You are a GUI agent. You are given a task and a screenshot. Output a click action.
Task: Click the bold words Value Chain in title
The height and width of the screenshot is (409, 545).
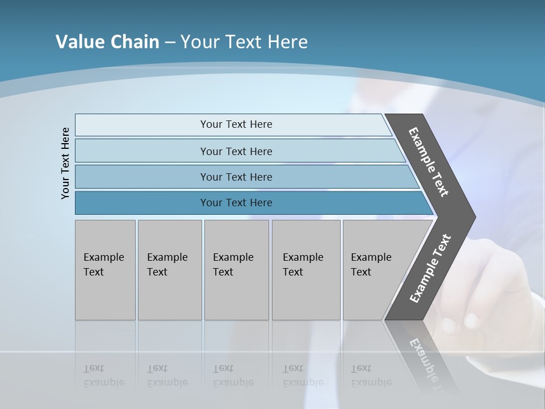(107, 42)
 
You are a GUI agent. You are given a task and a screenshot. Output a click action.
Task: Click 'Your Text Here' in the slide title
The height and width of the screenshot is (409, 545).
(244, 42)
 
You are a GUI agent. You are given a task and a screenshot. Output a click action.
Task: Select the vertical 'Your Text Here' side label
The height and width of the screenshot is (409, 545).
(65, 163)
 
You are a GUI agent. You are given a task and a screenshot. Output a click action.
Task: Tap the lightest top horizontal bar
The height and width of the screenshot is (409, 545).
(236, 124)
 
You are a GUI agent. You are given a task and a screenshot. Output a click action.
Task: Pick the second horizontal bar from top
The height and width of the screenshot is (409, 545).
(236, 151)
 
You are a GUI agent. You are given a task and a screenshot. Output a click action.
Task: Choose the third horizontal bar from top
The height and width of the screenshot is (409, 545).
(236, 177)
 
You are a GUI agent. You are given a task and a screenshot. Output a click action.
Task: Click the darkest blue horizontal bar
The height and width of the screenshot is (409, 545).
(236, 203)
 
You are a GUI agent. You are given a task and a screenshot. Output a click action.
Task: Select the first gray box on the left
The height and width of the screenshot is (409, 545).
(105, 270)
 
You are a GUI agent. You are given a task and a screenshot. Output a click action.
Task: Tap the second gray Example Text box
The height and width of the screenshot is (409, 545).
(170, 270)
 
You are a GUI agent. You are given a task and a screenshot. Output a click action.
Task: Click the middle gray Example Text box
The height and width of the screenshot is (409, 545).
(236, 270)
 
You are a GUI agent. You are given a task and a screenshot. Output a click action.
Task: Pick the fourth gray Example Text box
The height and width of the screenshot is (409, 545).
(306, 270)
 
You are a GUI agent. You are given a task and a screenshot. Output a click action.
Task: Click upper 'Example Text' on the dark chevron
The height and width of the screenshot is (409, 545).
(429, 162)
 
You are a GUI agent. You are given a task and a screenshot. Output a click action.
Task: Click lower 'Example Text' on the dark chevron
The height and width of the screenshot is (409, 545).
(430, 268)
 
